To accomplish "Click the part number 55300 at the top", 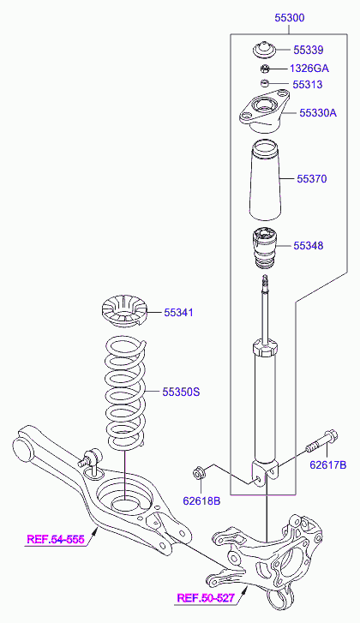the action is [290, 18].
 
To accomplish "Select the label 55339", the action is [309, 50].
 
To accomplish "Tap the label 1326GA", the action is [309, 69].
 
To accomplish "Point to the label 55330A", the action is [318, 113].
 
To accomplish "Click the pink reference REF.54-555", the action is [56, 540].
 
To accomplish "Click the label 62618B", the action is [201, 501].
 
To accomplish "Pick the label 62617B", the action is [327, 464].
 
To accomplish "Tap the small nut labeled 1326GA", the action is [265, 69].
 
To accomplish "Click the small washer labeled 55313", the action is [265, 83].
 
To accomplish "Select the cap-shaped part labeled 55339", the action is [265, 50].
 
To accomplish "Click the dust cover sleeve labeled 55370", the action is [265, 180].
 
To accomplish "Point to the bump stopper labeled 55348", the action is [265, 247].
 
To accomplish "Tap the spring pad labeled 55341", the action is [123, 312].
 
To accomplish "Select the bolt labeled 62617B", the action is [321, 442].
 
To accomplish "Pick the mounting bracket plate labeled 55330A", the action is [264, 113].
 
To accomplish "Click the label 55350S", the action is [181, 392].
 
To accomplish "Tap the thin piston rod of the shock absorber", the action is [265, 310].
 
